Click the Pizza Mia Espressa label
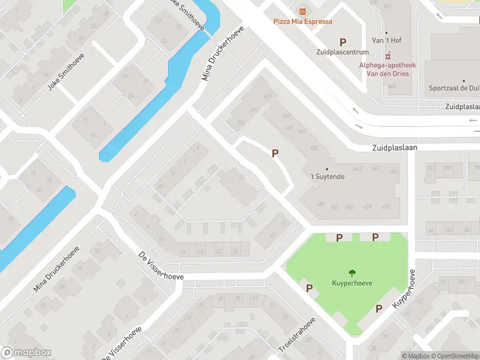tap(302, 22)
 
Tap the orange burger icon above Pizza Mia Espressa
tap(302, 10)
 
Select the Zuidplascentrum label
tap(343, 52)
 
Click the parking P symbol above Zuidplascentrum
tap(343, 42)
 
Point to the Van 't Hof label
tap(386, 40)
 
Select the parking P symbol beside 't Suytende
tap(275, 153)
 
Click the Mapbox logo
tap(26, 353)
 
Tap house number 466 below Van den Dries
tap(392, 86)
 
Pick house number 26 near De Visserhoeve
tap(235, 251)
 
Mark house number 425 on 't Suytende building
tap(314, 148)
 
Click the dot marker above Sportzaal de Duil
tap(464, 80)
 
